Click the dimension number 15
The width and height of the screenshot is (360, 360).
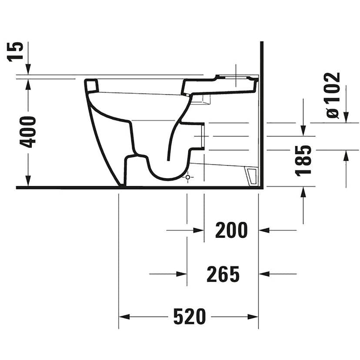click(x=15, y=52)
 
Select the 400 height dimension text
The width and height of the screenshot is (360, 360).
click(x=28, y=132)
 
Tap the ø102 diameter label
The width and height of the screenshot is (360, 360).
click(x=333, y=95)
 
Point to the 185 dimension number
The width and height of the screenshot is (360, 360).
click(x=303, y=161)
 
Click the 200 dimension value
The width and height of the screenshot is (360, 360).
click(x=231, y=230)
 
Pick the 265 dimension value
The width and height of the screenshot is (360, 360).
click(x=223, y=274)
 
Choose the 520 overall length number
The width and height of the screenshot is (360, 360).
click(x=190, y=317)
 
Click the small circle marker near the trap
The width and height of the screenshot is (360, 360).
click(x=187, y=177)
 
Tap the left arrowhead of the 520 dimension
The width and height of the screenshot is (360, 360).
click(x=124, y=317)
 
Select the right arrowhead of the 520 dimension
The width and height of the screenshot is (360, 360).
click(x=253, y=317)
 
